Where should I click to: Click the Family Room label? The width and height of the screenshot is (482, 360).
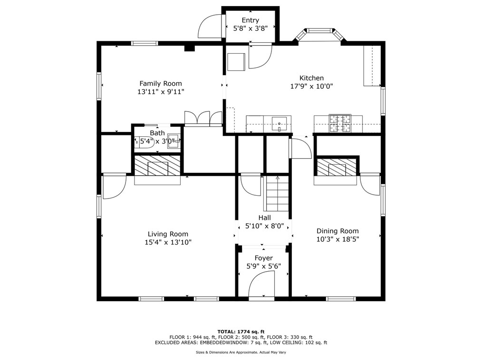coord(161,84)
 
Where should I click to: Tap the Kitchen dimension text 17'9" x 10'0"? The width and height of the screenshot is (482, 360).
coord(312,86)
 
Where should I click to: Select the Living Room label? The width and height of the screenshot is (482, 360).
coord(168,234)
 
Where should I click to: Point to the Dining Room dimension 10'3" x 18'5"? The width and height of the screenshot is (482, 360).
coord(338,239)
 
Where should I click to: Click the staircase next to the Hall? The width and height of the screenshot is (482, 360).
coord(278,193)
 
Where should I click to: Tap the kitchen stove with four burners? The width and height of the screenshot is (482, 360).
coord(340,123)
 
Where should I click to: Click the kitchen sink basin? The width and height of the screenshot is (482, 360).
coord(279,123)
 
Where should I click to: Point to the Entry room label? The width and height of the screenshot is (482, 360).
coord(250,20)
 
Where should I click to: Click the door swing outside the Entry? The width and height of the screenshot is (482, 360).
coord(210,27)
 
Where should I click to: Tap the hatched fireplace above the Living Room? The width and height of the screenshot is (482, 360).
coord(157,166)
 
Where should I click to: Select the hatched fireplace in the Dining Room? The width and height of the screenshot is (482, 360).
coord(337,167)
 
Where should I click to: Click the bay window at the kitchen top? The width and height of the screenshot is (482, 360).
coord(320,34)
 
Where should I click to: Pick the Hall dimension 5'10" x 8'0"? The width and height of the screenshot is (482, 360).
coord(264,227)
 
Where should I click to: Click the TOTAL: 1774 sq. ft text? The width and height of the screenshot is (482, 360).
coord(241,332)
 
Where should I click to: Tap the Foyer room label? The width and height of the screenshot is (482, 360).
coord(263,258)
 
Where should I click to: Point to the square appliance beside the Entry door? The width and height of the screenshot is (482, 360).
coord(236,62)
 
